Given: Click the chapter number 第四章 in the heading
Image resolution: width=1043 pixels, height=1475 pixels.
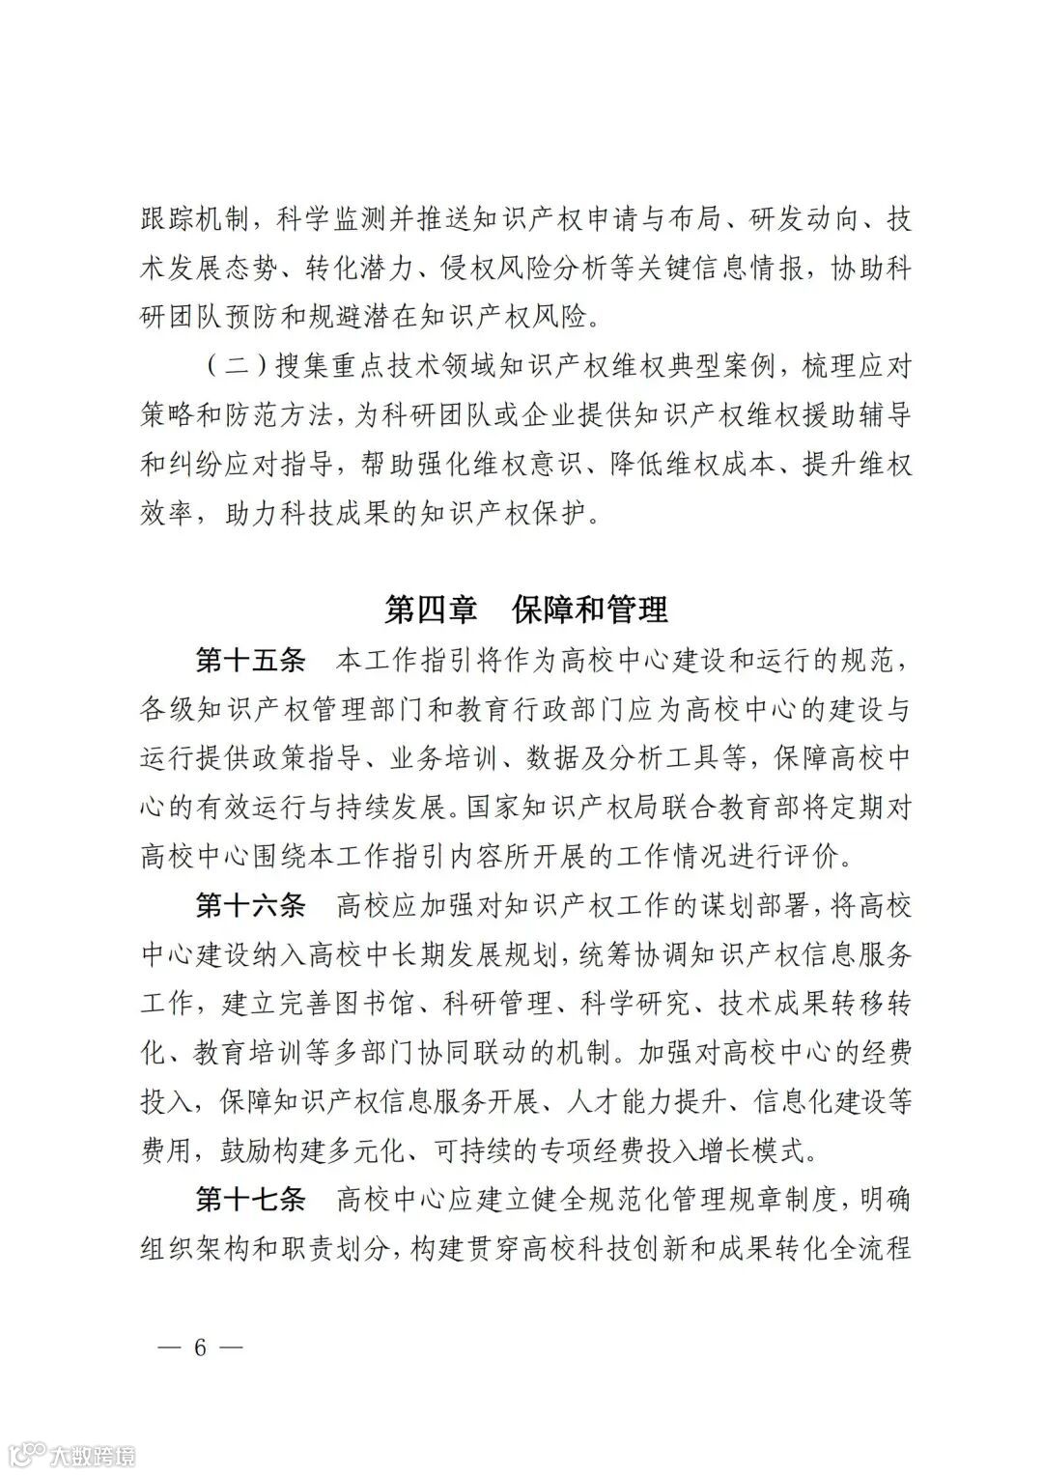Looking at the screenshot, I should click(431, 610).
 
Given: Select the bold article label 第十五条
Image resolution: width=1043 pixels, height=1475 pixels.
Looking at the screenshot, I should click(251, 662).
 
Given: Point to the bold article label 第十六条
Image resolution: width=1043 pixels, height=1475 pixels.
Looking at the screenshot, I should click(251, 905).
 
